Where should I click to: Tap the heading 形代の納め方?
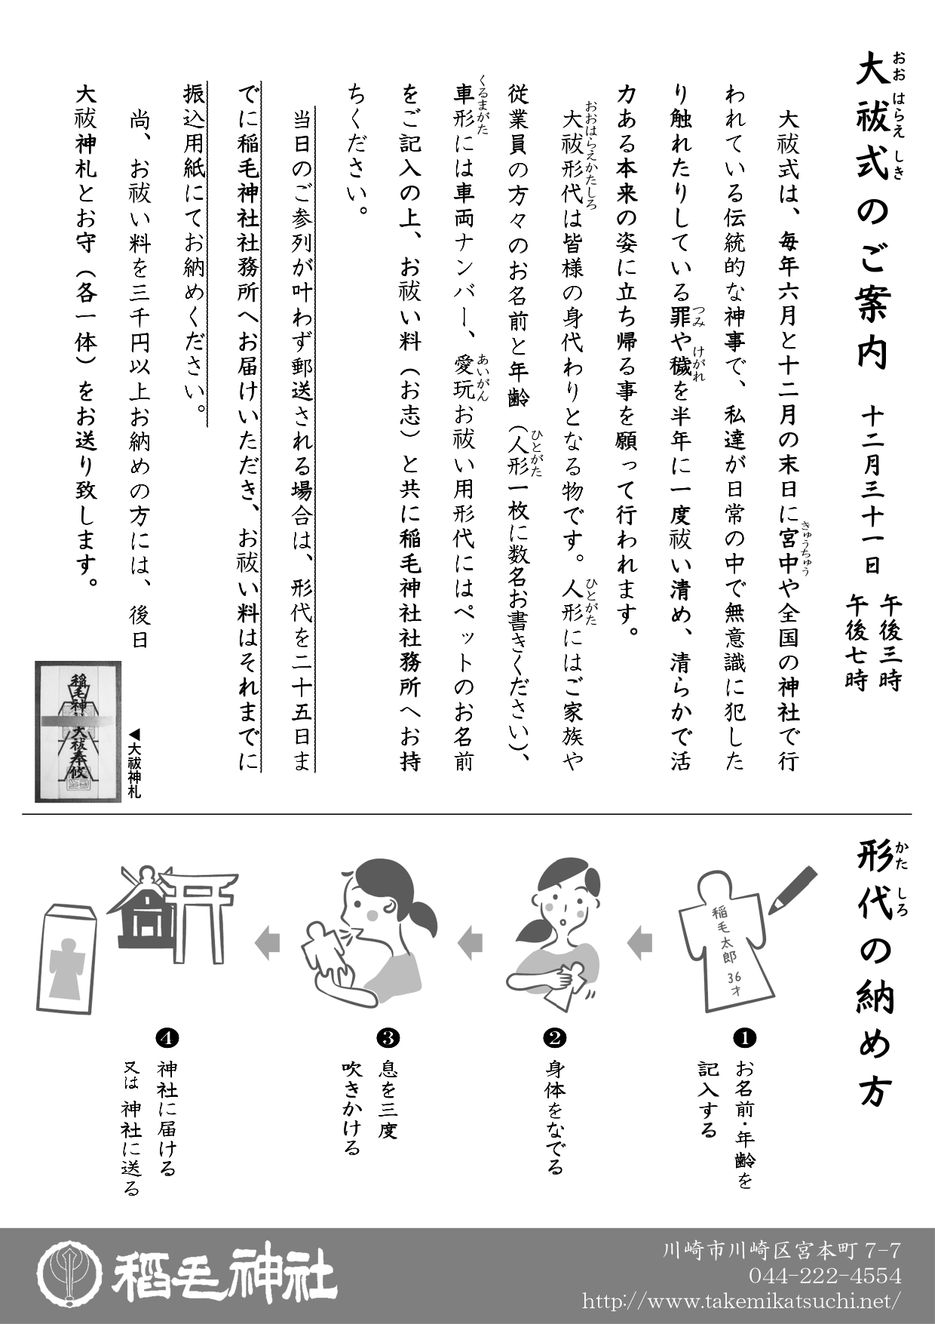875,973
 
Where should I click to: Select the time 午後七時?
857,641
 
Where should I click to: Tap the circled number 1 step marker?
744,1038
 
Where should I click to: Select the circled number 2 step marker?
554,1038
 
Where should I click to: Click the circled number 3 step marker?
388,1038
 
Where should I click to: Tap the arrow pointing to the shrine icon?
268,943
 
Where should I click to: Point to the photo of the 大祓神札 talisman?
78,732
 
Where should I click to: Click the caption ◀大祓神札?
134,762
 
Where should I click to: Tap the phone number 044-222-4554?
825,1276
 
